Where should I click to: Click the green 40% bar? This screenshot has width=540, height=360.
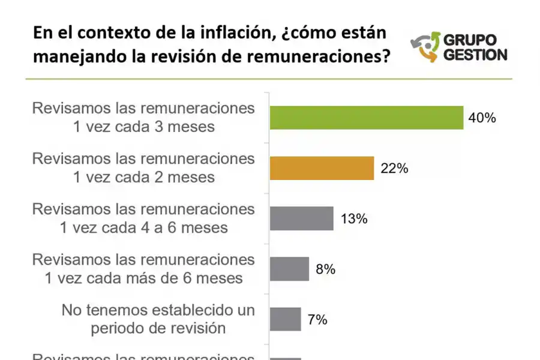tap(367, 118)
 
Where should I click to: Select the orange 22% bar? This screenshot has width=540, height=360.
tap(322, 169)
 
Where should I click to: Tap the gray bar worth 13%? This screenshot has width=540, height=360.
tap(302, 218)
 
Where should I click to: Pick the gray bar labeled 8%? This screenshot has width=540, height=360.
tap(289, 269)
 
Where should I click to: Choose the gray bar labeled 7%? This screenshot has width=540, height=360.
tap(286, 319)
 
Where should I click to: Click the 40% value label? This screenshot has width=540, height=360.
tap(482, 118)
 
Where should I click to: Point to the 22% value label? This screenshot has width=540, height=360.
tap(394, 169)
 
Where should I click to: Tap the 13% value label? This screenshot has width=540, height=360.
tap(353, 218)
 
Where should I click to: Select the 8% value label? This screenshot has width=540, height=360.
tap(325, 269)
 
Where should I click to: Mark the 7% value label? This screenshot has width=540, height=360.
tap(317, 320)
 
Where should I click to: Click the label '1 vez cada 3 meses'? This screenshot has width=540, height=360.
tap(144, 127)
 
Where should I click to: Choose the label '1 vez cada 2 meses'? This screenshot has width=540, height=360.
tap(144, 178)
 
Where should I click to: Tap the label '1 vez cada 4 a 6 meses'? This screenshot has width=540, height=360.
tap(144, 228)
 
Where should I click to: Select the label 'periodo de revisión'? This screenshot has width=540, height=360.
tap(158, 328)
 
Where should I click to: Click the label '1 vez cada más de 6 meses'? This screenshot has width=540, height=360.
tap(144, 278)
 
